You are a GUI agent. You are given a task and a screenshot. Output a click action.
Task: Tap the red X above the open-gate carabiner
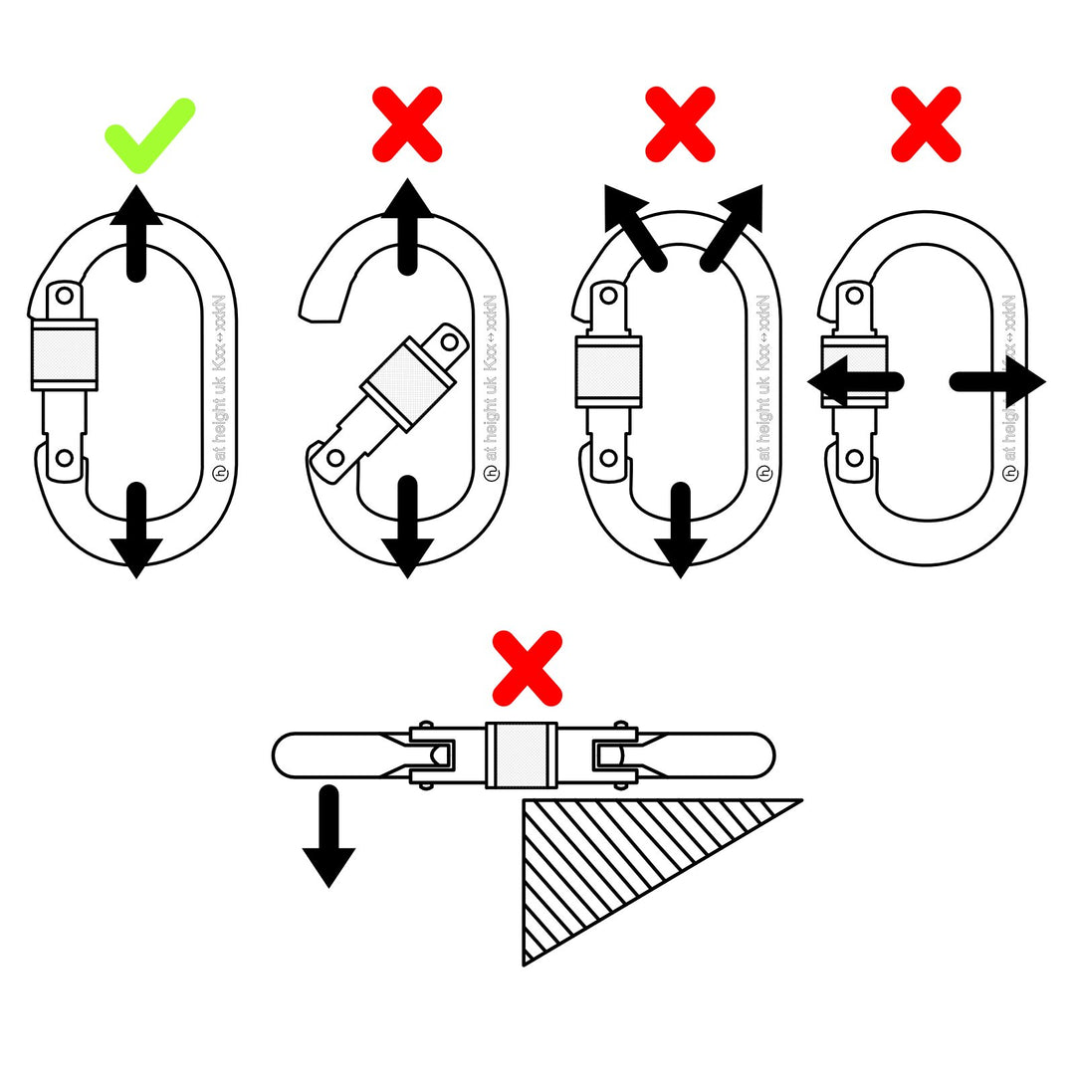[407, 123]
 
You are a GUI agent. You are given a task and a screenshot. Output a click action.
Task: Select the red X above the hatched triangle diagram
[527, 667]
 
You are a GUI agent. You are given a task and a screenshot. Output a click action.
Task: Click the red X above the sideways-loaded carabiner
[926, 123]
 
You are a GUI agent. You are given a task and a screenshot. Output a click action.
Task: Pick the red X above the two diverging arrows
[680, 123]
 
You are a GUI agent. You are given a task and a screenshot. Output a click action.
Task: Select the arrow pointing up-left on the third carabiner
[633, 225]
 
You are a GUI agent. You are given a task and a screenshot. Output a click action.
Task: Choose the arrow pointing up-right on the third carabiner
[734, 225]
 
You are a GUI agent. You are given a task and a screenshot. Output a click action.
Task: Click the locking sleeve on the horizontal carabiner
[523, 755]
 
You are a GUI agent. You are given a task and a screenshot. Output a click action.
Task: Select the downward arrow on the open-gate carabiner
[406, 528]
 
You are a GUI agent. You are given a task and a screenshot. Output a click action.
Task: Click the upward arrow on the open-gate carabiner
[406, 227]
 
